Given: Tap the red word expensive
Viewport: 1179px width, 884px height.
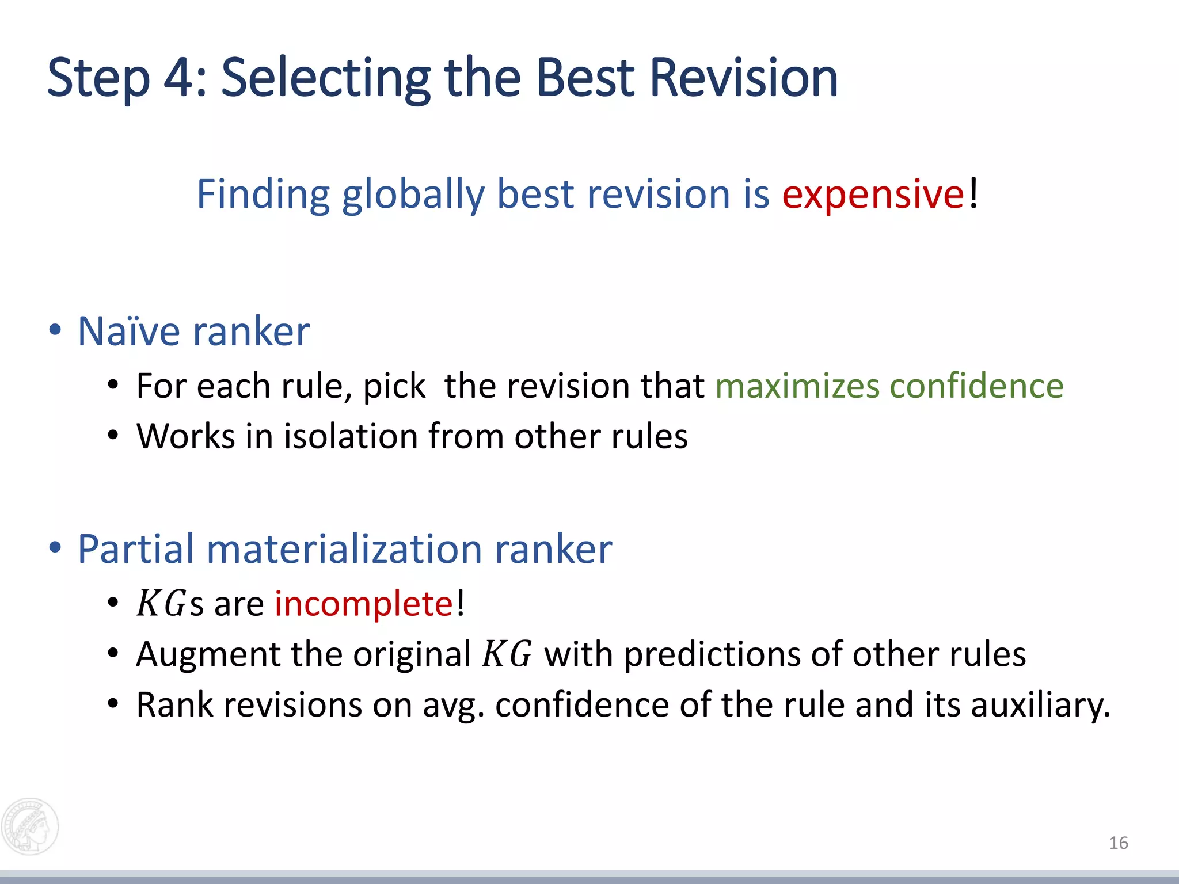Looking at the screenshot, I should click(873, 194).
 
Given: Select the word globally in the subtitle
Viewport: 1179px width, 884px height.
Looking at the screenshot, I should click(413, 194).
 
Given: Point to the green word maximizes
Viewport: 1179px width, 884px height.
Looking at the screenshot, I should click(797, 386).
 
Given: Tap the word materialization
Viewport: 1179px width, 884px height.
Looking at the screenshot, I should click(344, 548).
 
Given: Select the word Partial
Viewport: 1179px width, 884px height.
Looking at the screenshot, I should click(136, 548).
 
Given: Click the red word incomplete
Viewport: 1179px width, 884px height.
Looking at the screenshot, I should click(364, 604).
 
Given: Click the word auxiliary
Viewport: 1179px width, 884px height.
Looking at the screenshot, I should click(1039, 705).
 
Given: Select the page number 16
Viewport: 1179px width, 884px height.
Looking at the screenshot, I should click(1118, 843).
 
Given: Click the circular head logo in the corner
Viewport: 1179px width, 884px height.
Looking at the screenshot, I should click(30, 826).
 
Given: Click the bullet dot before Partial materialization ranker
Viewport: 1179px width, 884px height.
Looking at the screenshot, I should click(55, 548).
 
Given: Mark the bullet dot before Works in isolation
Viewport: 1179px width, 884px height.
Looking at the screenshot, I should click(113, 436).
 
